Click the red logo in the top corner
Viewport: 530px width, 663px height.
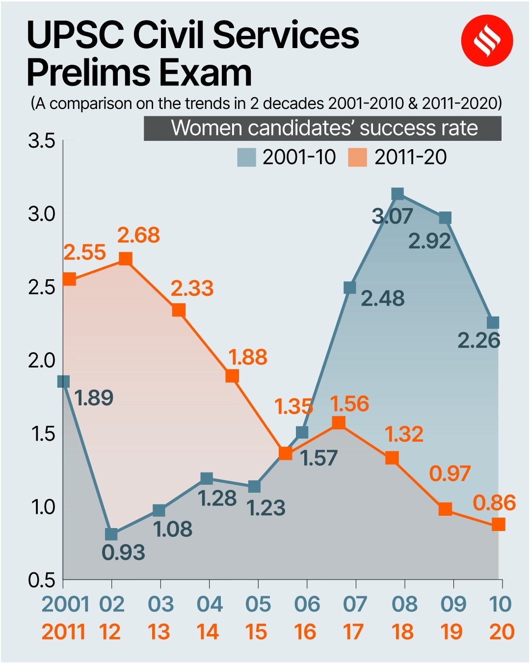[487, 41]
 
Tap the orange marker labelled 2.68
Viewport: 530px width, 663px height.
[126, 259]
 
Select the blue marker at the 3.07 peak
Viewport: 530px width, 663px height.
[398, 194]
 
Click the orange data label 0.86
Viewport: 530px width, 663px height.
[494, 503]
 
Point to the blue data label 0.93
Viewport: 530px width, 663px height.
[123, 553]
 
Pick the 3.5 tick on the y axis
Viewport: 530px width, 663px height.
[42, 141]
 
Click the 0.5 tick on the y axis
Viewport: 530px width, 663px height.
[42, 580]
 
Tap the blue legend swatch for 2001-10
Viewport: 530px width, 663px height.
[246, 158]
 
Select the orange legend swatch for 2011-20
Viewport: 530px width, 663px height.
[357, 158]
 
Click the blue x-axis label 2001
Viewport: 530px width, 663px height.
[65, 604]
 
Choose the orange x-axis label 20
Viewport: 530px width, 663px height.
[502, 632]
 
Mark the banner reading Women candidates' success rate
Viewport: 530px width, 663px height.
[322, 128]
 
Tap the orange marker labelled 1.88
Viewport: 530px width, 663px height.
[232, 376]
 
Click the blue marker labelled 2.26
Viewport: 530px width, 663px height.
[493, 322]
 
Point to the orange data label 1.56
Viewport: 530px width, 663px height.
[349, 404]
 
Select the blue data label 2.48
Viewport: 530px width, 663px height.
[382, 298]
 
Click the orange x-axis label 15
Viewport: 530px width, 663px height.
[256, 632]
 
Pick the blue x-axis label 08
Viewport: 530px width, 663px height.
[404, 604]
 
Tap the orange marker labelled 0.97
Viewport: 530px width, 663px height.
[445, 509]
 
